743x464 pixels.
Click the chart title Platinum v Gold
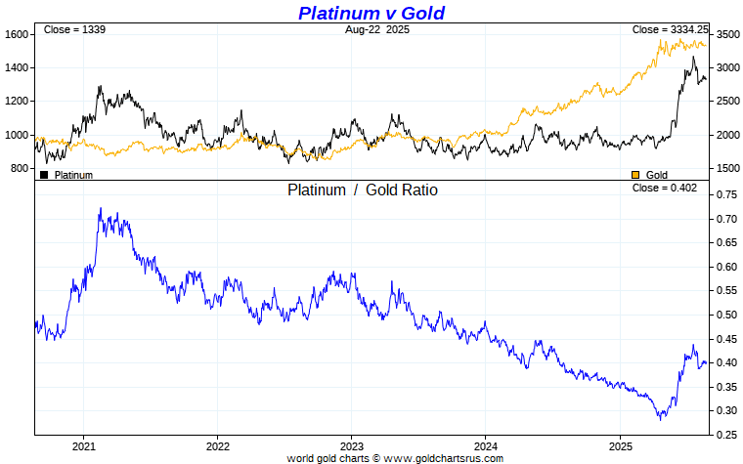pos(371,13)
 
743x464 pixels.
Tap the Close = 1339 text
pos(74,30)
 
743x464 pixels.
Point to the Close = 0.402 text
pos(665,188)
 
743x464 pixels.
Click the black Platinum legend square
pos(44,175)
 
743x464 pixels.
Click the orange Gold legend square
pos(635,175)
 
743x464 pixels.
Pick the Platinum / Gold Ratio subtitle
pos(363,190)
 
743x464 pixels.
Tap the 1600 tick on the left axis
pos(17,34)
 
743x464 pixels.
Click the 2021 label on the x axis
pos(83,445)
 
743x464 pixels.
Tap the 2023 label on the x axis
pos(352,445)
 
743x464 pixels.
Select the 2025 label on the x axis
pos(620,445)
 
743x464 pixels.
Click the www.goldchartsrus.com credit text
pos(395,458)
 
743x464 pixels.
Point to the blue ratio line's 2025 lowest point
pos(661,418)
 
